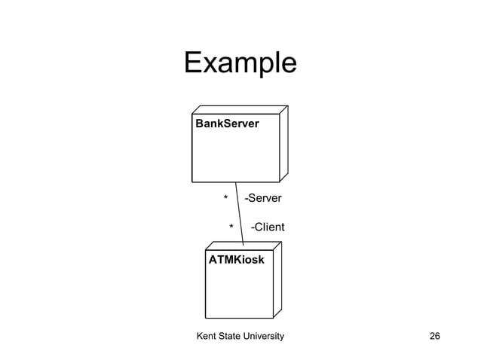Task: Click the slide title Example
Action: coord(240,63)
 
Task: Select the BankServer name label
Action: coord(227,123)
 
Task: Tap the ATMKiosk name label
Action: coord(236,260)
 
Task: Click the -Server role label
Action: coord(263,199)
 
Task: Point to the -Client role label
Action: coord(267,227)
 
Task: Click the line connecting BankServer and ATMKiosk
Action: coord(240,215)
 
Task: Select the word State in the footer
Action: coord(235,335)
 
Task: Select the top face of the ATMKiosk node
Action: coord(244,246)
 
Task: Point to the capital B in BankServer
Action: coord(199,123)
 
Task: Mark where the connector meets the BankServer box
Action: coord(236,182)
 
